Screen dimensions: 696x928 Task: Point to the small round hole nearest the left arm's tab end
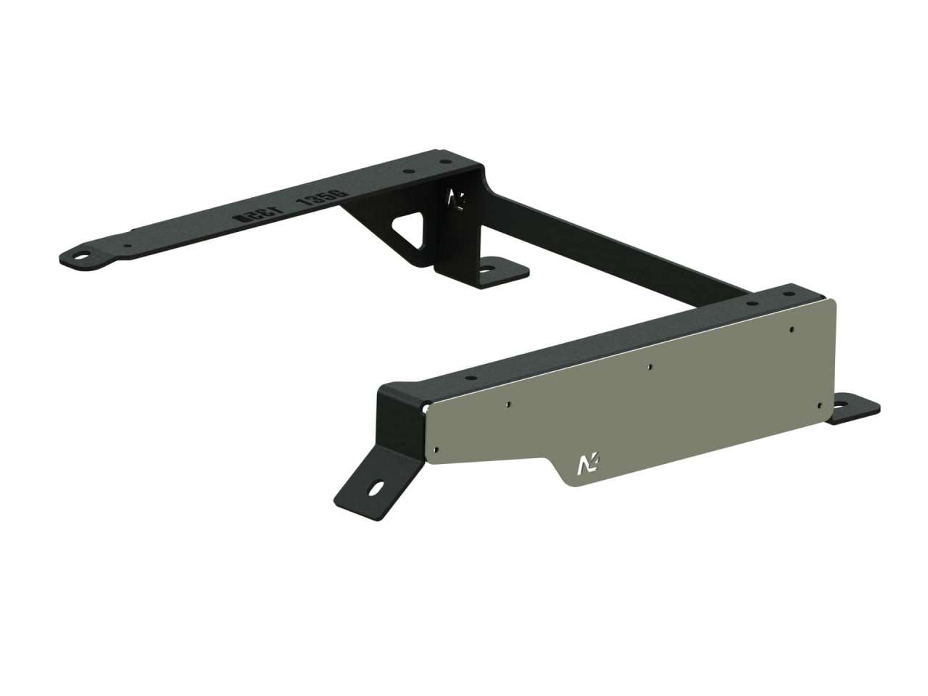click(128, 246)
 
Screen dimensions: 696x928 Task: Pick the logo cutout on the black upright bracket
click(457, 200)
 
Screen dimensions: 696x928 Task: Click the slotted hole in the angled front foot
click(377, 489)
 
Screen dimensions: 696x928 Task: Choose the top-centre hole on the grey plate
click(651, 366)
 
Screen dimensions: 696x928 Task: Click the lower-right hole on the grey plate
click(819, 405)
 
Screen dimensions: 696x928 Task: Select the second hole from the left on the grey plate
click(510, 403)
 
